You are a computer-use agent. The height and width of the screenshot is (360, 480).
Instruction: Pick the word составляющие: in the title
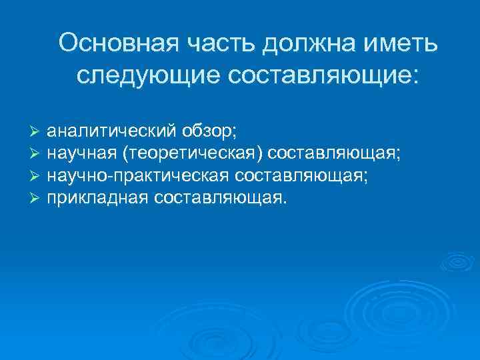(324, 75)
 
